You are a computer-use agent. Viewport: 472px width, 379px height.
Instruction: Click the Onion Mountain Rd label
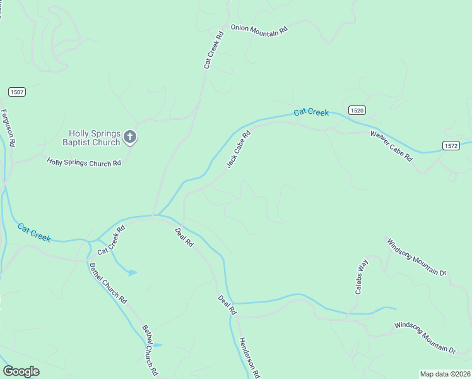(x=259, y=29)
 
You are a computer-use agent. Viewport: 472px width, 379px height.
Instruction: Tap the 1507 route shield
(x=17, y=92)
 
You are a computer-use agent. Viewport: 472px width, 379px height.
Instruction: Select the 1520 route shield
(x=357, y=110)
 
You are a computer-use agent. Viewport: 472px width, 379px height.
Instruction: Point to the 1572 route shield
(x=451, y=145)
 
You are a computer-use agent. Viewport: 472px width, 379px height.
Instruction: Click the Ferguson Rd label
(x=8, y=128)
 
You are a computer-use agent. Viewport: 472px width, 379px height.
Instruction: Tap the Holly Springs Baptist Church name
(x=95, y=138)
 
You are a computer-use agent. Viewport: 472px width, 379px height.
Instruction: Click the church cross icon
(x=130, y=136)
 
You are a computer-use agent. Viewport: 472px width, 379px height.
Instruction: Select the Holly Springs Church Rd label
(x=83, y=163)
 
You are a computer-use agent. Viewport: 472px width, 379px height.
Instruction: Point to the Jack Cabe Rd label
(x=239, y=149)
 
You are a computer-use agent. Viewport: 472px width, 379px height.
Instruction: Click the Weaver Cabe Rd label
(x=391, y=146)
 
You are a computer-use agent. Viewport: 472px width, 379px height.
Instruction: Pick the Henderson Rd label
(x=249, y=357)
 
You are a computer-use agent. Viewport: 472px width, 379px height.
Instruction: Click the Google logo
(x=21, y=371)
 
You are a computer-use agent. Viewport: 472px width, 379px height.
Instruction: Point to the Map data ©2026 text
(x=444, y=374)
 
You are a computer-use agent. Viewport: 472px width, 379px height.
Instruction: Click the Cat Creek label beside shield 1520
(x=311, y=112)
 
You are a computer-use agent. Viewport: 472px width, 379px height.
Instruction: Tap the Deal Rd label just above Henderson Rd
(x=227, y=305)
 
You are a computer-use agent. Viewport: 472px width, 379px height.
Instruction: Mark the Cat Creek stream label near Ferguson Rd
(x=34, y=232)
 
